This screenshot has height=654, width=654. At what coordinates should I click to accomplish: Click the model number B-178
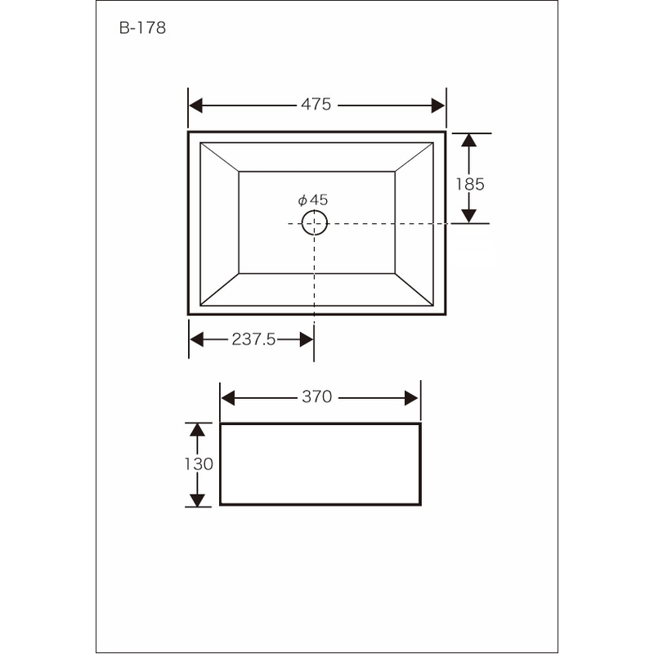pyautogui.click(x=142, y=28)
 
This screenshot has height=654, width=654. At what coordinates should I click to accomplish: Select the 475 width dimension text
pyautogui.click(x=316, y=105)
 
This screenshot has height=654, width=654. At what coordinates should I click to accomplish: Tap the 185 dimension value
pyautogui.click(x=470, y=184)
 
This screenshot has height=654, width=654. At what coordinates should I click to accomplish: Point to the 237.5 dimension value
pyautogui.click(x=253, y=339)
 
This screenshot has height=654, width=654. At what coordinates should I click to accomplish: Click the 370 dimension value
pyautogui.click(x=317, y=396)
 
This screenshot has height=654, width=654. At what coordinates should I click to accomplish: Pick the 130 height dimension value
pyautogui.click(x=199, y=464)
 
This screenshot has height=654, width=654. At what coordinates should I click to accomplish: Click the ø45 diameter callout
pyautogui.click(x=313, y=199)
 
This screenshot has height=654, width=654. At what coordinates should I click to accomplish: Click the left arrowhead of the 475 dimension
pyautogui.click(x=196, y=105)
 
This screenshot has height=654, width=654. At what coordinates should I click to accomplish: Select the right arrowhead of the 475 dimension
pyautogui.click(x=438, y=105)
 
